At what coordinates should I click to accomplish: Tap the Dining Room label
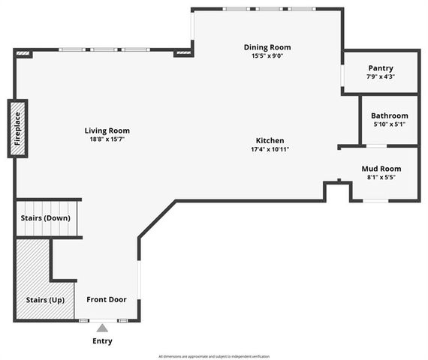(267, 47)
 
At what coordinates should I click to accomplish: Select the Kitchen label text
(270, 141)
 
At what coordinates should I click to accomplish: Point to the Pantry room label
(380, 68)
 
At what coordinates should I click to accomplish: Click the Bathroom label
(389, 115)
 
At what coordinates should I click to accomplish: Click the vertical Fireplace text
(18, 128)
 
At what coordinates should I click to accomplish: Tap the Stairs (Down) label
(46, 217)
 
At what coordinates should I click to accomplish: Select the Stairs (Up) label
(44, 299)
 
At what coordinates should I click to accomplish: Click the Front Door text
(106, 299)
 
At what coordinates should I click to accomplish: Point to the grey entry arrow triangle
(101, 328)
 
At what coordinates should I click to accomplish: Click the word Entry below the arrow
(101, 341)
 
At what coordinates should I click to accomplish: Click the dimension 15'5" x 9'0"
(267, 55)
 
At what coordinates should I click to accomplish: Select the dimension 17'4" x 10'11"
(270, 149)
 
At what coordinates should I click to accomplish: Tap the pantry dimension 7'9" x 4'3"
(380, 76)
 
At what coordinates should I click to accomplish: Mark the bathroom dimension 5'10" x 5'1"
(389, 124)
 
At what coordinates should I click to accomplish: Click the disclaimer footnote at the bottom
(214, 356)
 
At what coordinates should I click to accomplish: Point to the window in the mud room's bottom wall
(375, 201)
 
